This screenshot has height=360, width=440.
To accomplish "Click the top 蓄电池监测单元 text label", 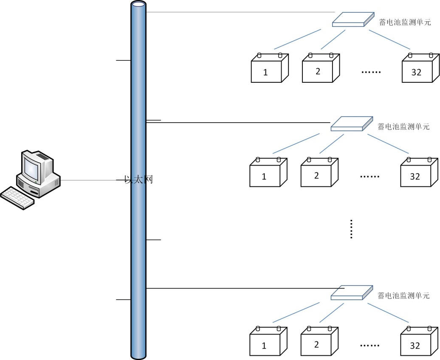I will click(405, 22).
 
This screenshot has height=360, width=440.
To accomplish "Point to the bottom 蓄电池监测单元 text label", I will click(403, 295).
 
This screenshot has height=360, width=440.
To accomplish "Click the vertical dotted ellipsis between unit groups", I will click(351, 229).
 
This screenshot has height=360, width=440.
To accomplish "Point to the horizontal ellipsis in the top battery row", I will click(371, 72).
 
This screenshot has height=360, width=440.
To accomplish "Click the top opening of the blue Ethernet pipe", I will click(138, 5).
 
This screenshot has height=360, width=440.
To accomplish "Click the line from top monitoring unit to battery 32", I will click(389, 39).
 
